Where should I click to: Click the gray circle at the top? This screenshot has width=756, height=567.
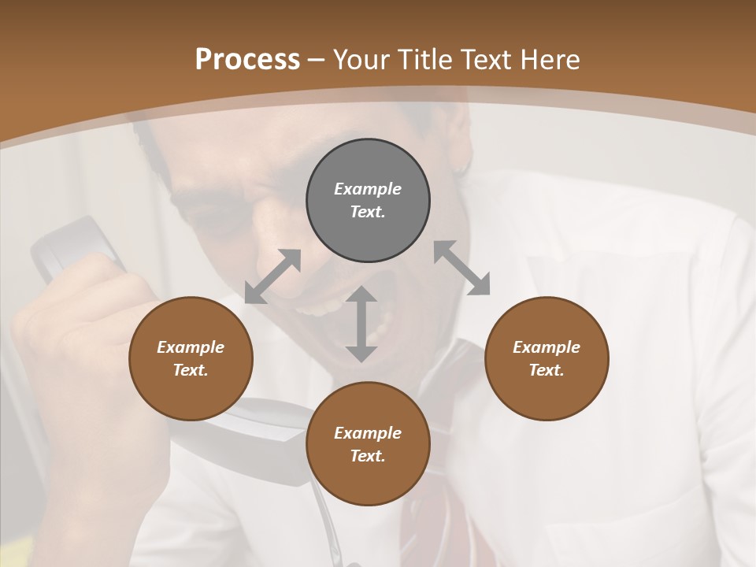pos(368,201)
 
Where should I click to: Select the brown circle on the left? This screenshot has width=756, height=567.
pos(191,358)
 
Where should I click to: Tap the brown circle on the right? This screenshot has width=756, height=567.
pos(547,358)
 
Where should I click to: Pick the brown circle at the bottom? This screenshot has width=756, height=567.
pos(368,444)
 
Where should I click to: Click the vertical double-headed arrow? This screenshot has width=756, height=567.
pos(361,324)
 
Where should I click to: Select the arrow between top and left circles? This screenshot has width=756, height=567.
pos(272,276)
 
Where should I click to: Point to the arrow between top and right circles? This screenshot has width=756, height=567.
pos(462,268)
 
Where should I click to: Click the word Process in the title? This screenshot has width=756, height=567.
pos(247,60)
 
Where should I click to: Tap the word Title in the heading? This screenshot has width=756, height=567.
pos(426,60)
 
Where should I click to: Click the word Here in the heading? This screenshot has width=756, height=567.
pos(551,60)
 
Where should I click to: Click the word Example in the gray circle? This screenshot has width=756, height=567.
pos(368,189)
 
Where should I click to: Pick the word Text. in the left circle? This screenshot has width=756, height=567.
pos(191,370)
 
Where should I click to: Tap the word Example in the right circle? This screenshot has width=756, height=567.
pos(547,347)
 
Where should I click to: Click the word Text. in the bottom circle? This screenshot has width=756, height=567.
pos(368,456)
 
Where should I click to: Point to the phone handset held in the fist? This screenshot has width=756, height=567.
pos(75,248)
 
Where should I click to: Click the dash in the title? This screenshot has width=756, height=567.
pos(317,60)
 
